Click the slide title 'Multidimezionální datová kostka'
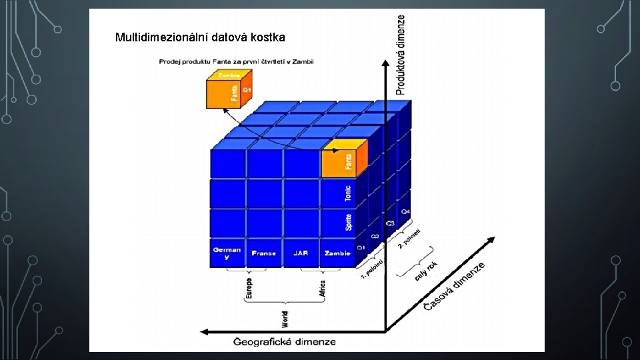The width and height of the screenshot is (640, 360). click(200, 37)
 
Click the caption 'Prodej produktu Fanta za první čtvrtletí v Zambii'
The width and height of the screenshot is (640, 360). click(236, 62)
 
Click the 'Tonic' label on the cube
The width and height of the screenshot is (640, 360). click(348, 193)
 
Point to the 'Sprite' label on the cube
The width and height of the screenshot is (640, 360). click(349, 223)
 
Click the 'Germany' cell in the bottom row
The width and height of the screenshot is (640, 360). click(227, 253)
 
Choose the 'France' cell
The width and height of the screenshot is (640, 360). click(264, 253)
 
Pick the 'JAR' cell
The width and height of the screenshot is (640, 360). click(301, 253)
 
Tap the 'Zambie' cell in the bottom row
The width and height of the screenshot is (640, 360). click(337, 253)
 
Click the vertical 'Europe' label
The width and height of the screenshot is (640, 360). click(249, 288)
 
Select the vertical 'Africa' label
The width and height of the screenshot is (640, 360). click(323, 288)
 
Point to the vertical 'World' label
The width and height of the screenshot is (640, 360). click(285, 319)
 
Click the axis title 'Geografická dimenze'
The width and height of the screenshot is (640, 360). click(285, 342)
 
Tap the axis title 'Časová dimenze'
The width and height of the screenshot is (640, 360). click(454, 285)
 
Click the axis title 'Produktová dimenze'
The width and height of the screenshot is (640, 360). click(401, 55)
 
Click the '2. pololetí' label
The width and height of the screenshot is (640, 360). click(408, 239)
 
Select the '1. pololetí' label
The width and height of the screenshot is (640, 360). click(372, 268)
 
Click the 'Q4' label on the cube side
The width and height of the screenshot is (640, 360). click(405, 212)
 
